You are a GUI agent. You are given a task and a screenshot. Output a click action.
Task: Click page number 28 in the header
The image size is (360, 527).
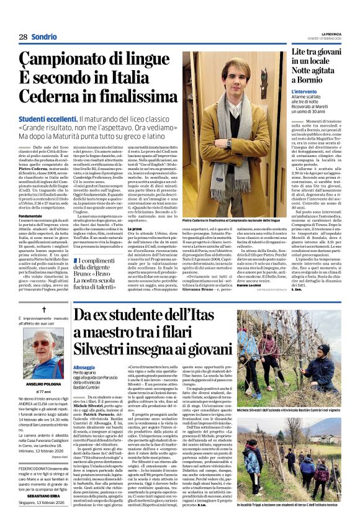coord(23,37)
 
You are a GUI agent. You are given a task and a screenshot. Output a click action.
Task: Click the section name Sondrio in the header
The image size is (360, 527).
coord(45,37)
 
